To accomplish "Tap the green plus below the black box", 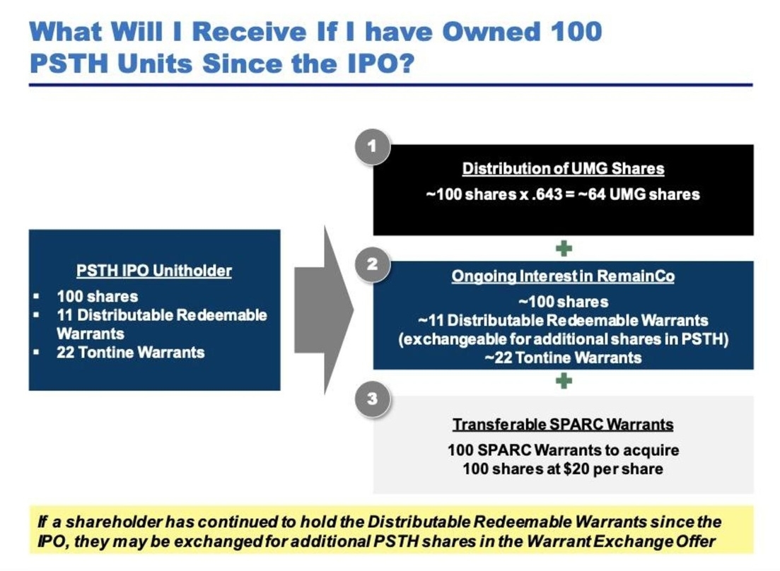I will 564,248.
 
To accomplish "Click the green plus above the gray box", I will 564,382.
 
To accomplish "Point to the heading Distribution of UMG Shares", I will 563,169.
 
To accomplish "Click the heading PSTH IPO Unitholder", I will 154,271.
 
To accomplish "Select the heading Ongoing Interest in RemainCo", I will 563,277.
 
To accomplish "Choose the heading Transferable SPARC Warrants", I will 563,425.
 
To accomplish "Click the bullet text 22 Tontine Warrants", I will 131,352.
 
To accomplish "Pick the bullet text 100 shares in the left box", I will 97,296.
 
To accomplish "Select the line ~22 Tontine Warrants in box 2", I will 563,358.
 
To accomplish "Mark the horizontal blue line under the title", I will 390,85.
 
